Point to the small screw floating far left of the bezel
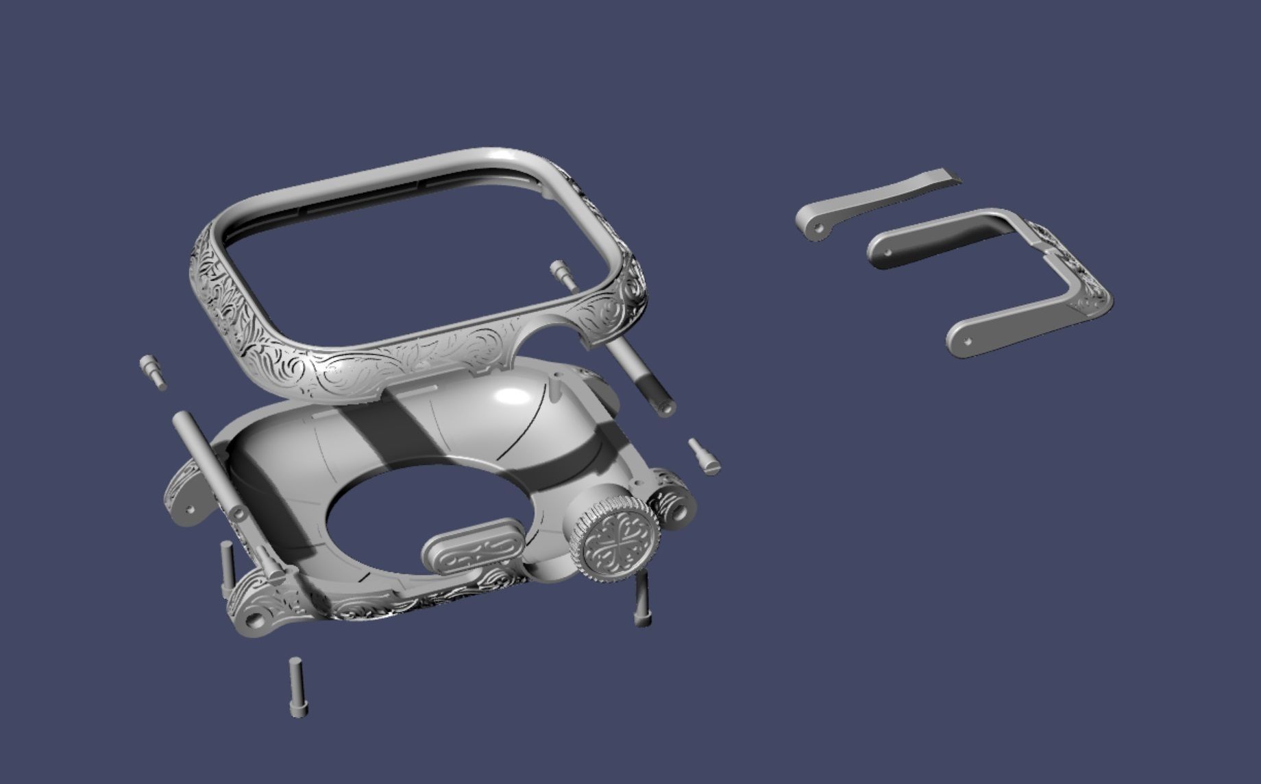tap(153, 372)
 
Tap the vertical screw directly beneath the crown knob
tap(641, 599)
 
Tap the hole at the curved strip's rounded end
tap(816, 227)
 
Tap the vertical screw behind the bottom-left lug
tap(226, 569)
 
